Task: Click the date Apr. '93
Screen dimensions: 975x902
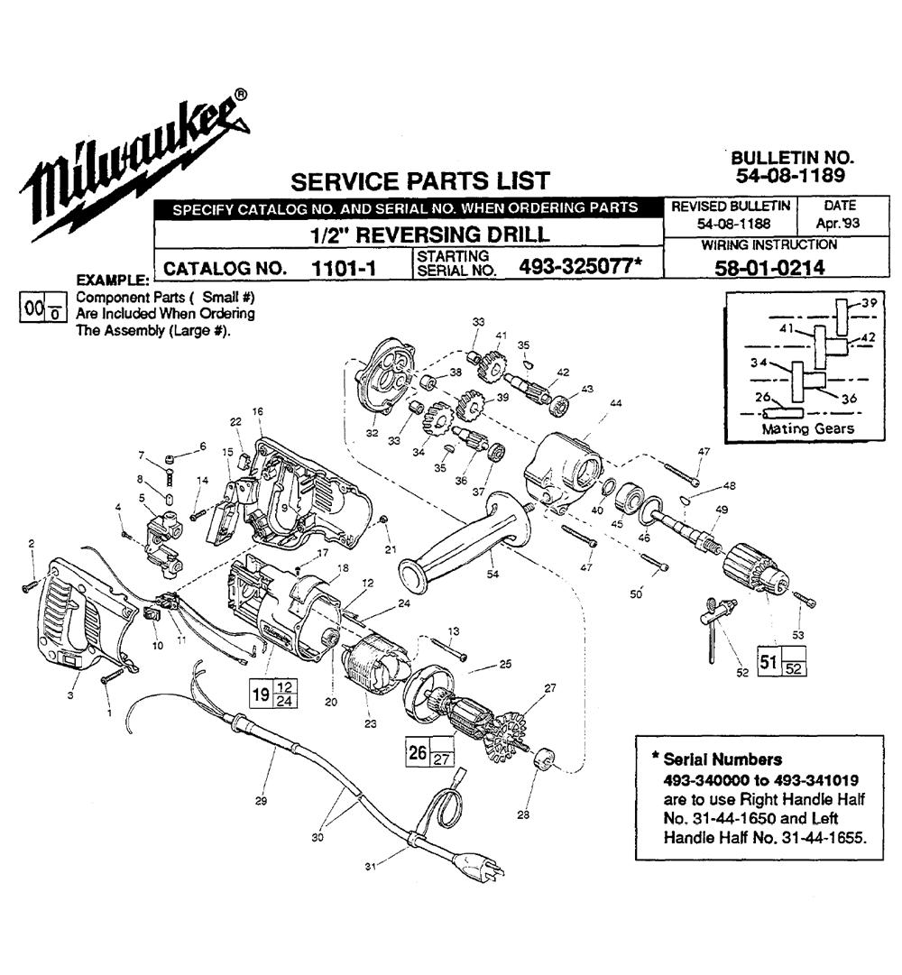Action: pyautogui.click(x=835, y=222)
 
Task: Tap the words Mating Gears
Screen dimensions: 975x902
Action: pyautogui.click(x=807, y=428)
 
